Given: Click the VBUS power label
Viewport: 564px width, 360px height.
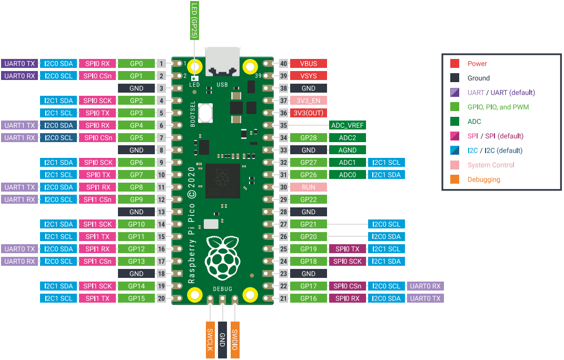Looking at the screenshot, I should pyautogui.click(x=309, y=64).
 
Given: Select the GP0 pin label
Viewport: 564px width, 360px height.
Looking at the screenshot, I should pyautogui.click(x=136, y=64).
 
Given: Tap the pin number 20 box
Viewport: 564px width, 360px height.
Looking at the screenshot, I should pyautogui.click(x=162, y=298).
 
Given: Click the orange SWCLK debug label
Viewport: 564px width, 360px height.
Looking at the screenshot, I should pyautogui.click(x=210, y=339).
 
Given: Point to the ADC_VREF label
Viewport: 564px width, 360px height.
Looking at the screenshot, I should pyautogui.click(x=348, y=125).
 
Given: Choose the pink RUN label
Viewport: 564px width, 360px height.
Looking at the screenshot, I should pyautogui.click(x=309, y=187).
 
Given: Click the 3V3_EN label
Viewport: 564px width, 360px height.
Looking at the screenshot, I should pyautogui.click(x=309, y=101).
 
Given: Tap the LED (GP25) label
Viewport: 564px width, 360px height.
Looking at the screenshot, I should pyautogui.click(x=194, y=19).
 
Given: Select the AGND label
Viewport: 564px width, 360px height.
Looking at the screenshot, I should pyautogui.click(x=348, y=150).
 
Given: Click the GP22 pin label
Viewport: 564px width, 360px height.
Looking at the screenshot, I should pyautogui.click(x=309, y=199).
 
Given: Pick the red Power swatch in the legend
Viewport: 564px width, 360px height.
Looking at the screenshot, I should pyautogui.click(x=455, y=64).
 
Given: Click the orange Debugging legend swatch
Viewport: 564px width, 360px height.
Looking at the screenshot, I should pyautogui.click(x=455, y=179).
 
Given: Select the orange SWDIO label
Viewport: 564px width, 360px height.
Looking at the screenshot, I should pyautogui.click(x=235, y=339).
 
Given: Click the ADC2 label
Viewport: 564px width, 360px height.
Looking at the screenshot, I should pyautogui.click(x=348, y=138).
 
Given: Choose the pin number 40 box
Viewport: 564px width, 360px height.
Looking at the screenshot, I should pyautogui.click(x=284, y=64).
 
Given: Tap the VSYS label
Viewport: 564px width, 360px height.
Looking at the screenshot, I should pyautogui.click(x=309, y=76).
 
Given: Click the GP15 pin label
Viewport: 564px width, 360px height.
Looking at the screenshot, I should pyautogui.click(x=136, y=298).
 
